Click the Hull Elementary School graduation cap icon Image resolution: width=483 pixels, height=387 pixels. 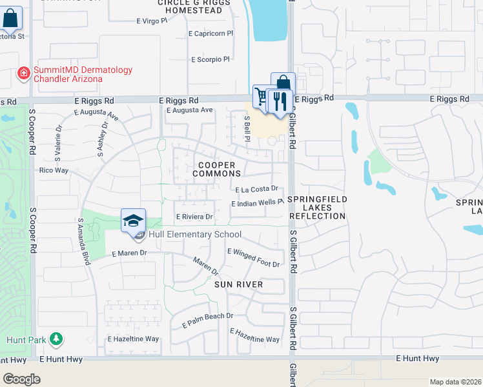pos(133,221)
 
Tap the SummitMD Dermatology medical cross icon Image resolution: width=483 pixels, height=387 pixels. pos(24,74)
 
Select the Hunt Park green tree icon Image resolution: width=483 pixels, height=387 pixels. pos(56,338)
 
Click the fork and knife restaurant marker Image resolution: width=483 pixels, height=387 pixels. pos(279,101)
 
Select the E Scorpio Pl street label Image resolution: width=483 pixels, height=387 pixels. pos(211,59)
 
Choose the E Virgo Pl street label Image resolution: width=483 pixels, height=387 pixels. pos(152,21)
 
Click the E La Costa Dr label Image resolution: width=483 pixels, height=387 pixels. pos(256,189)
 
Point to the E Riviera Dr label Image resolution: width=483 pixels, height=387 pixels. pos(194,217)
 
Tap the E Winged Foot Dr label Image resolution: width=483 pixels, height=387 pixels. pos(253,258)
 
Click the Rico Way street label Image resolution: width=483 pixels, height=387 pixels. pos(54,170)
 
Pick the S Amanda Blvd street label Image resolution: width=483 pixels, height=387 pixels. pos(83,232)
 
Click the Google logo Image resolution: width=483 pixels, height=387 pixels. pos(21,379)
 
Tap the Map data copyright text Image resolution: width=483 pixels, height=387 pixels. pos(456,382)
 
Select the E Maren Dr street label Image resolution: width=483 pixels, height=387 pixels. pos(129,253)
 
